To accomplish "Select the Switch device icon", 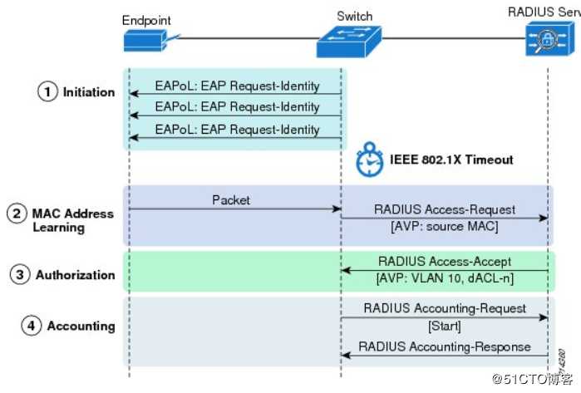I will tap(349, 40).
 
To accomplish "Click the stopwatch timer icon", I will tap(368, 160).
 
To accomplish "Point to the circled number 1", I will tap(48, 92).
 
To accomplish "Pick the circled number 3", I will tap(20, 275).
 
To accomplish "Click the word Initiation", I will tap(89, 92).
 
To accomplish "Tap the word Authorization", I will tap(75, 275).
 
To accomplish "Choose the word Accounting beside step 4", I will tap(81, 326).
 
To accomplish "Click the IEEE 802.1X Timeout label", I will tap(451, 160).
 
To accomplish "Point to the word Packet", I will tap(231, 200).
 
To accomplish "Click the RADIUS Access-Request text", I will tap(445, 209).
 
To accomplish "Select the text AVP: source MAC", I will tap(444, 225).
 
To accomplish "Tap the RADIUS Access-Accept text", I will tap(445, 261).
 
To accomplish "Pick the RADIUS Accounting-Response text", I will tap(445, 346).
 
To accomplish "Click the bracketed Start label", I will tap(445, 325).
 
